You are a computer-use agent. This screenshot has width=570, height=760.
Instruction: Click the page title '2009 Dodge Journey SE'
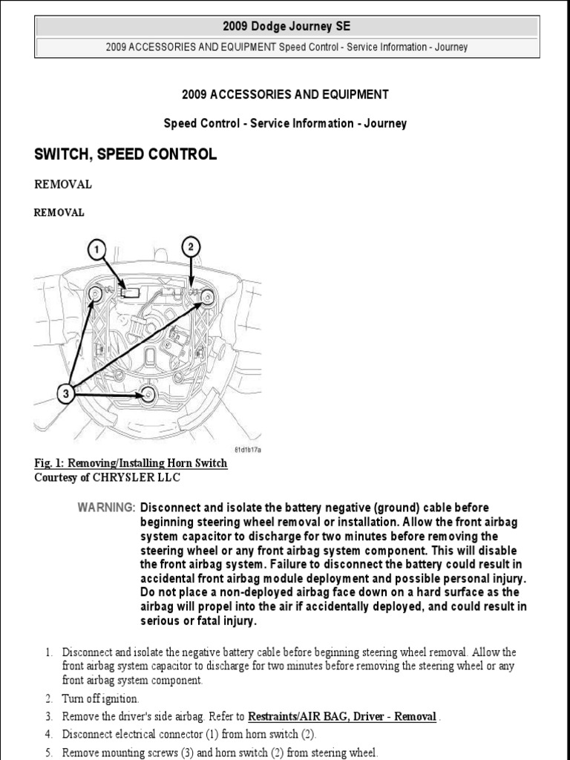click(x=285, y=27)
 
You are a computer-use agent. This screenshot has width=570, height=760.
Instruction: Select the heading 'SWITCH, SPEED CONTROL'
click(x=125, y=154)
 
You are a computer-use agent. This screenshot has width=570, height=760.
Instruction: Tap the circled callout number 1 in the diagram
click(x=96, y=249)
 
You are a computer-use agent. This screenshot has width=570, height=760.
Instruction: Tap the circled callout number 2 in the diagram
click(x=191, y=246)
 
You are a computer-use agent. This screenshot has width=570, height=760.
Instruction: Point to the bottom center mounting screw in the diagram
click(x=148, y=395)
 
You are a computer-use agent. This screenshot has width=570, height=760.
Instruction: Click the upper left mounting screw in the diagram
click(x=96, y=297)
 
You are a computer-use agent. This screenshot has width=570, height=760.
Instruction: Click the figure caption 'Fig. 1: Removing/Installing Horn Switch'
click(x=131, y=463)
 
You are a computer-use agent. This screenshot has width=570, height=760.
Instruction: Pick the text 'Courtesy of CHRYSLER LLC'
click(x=107, y=477)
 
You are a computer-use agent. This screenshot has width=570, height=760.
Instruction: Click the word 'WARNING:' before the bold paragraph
click(x=106, y=508)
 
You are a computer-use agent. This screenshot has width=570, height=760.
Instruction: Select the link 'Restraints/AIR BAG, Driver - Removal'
click(x=341, y=716)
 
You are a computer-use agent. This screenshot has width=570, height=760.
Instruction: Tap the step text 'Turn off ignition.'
click(x=100, y=699)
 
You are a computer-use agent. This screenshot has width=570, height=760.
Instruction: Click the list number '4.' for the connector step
click(x=48, y=734)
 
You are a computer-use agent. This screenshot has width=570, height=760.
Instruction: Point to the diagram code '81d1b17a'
click(x=248, y=450)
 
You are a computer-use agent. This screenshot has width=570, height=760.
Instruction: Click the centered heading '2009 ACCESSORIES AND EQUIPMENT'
click(x=285, y=95)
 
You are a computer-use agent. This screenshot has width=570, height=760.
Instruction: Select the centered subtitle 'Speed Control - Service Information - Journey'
click(x=285, y=123)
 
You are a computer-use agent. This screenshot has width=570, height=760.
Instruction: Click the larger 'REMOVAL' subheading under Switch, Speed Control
click(x=63, y=184)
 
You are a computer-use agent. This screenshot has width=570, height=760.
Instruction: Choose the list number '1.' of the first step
click(x=48, y=652)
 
